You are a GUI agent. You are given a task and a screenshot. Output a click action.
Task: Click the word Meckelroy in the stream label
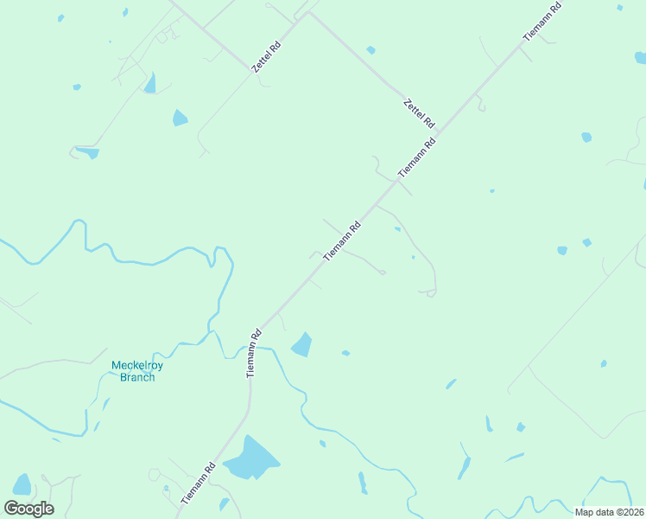pos(137,365)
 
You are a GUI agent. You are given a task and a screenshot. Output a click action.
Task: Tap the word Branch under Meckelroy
pos(137,377)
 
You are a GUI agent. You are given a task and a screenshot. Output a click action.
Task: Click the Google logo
pos(28,509)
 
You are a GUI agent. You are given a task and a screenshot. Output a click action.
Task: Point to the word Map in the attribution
pos(585,512)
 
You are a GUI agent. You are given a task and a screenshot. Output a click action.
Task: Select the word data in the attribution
pos(605,512)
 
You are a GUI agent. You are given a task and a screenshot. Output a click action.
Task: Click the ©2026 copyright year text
pos(630,512)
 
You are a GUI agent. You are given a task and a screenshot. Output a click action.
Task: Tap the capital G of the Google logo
pos(12,509)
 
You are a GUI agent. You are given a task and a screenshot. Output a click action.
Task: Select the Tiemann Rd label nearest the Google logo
pos(199,484)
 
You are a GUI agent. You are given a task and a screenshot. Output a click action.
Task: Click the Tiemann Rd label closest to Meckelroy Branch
pos(253,353)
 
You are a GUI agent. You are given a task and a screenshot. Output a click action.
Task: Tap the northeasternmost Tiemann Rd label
pos(542,22)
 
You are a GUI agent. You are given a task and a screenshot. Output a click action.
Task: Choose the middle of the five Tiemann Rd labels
pos(342,242)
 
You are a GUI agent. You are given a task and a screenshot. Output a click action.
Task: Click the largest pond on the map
pos(251,460)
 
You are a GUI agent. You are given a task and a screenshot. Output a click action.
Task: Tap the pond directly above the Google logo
pos(22,484)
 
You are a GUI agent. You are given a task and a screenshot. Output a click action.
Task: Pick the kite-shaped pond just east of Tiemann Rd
pos(302,344)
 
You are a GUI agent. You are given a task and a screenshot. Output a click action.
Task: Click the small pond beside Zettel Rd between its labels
pos(370,50)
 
